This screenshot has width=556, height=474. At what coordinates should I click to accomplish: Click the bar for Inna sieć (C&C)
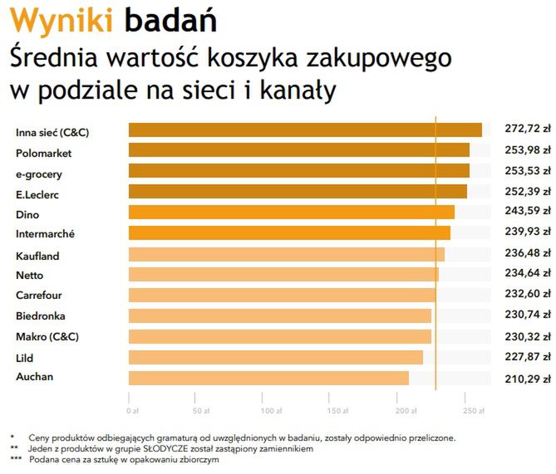pos(305,130)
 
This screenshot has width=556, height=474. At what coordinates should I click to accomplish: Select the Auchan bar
pos(268,378)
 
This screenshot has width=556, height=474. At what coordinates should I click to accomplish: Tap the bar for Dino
pos(291,213)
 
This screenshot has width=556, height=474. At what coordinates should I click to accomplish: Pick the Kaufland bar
pos(286,255)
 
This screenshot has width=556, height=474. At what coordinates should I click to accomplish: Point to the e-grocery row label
pos(39,174)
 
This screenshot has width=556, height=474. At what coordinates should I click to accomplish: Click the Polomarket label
pos(43,154)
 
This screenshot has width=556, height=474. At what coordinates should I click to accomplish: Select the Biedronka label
pos(41,316)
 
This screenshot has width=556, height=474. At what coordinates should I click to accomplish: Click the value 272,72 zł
pos(528,129)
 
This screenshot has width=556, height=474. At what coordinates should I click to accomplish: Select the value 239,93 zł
pos(528,233)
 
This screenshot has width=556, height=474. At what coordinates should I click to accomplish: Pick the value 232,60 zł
pos(528,295)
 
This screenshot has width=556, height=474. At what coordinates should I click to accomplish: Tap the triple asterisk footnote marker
pos(16,460)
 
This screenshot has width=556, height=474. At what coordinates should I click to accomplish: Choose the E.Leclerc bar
pos(298,192)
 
